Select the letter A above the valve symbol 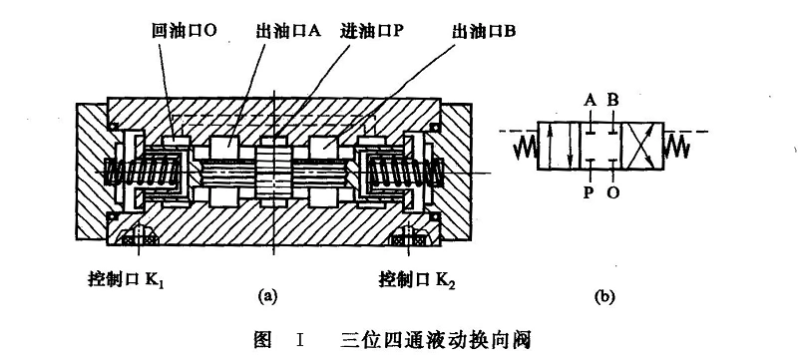point(591,101)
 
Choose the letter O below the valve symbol point(612,193)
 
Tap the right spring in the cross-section point(394,172)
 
